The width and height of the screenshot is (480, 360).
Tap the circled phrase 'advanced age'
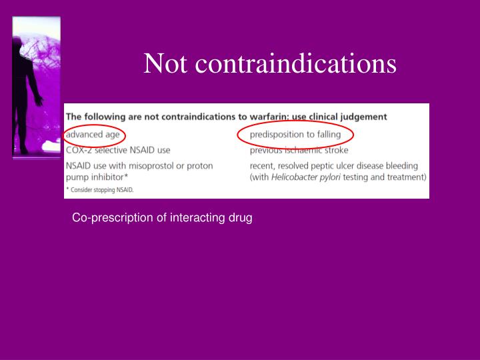(93, 135)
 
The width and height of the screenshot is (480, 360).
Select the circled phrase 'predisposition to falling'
(295, 135)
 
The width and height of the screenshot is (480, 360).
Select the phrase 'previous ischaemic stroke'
(299, 150)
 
